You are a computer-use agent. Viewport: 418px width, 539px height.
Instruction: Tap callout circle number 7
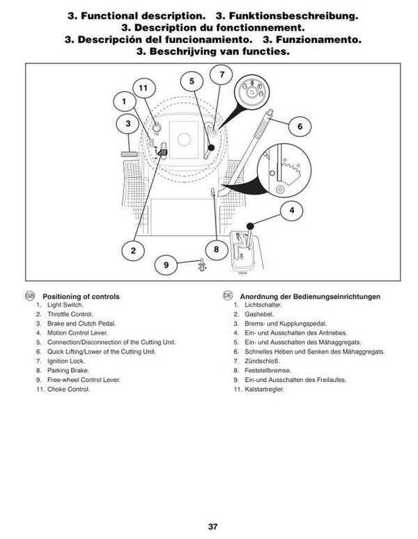pos(222,74)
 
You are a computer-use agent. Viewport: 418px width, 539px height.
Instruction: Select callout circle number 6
pos(300,126)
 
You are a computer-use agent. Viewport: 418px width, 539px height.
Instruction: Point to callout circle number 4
pos(292,210)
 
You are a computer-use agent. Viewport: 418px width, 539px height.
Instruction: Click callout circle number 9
pos(166,265)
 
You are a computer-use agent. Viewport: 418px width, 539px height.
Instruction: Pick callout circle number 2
pos(133,250)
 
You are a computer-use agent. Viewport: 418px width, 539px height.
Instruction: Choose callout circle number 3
pos(127,123)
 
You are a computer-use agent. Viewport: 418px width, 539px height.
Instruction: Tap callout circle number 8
pos(216,249)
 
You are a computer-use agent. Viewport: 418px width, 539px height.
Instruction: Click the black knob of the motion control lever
pos(250,226)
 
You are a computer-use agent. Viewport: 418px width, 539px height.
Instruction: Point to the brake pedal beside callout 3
pos(130,154)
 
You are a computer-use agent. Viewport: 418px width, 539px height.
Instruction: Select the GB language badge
pos(30,296)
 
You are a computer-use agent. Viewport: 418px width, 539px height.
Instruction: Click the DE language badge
pos(228,296)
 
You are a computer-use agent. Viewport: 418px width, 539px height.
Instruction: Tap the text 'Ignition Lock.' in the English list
pos(65,361)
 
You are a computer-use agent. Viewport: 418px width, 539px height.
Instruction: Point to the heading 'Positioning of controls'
pos(81,296)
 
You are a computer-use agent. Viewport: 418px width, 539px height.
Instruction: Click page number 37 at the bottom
pos(212,526)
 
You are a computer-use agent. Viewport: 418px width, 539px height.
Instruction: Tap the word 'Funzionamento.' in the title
pos(312,40)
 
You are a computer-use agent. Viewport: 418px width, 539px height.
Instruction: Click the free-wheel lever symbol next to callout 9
pos(203,265)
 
